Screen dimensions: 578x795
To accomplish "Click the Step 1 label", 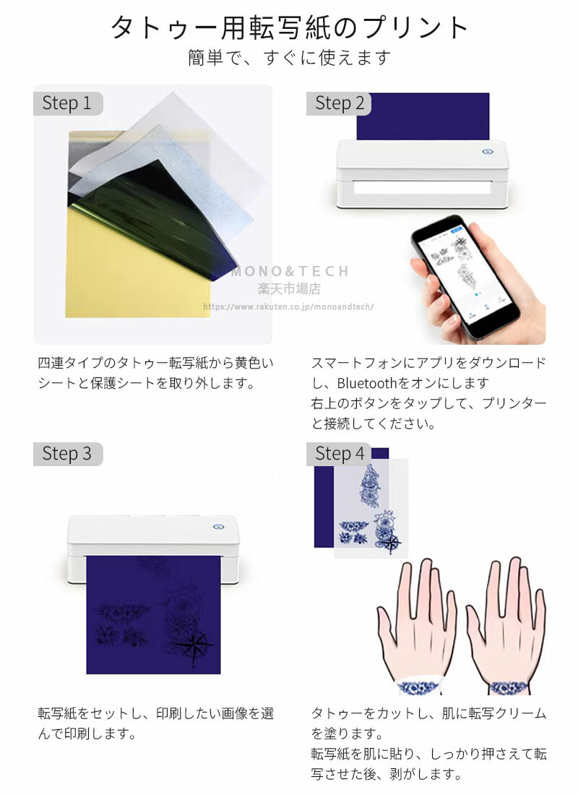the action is (x=67, y=103).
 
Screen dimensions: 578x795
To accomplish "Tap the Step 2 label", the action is (x=339, y=103).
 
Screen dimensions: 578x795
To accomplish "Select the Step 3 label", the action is (x=67, y=454).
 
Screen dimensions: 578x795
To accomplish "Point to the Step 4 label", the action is (x=339, y=454).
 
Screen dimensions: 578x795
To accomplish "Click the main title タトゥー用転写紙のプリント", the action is (x=289, y=27).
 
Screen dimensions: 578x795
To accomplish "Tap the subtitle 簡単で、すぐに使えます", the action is (x=289, y=57).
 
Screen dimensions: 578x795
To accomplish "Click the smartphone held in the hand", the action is (x=464, y=276).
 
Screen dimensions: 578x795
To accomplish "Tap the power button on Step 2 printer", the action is (x=488, y=151).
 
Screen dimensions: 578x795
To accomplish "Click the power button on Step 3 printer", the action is (x=219, y=528).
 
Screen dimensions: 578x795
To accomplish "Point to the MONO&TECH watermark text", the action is (x=290, y=271).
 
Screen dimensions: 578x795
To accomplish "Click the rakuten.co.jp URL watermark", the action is (x=288, y=306).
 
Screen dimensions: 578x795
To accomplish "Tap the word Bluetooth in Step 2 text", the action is (x=366, y=383).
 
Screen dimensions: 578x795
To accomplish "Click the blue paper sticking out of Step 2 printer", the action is (x=423, y=116).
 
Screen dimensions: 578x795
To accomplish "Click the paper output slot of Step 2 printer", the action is (x=423, y=188).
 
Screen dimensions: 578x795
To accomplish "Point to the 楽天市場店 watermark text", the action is (x=289, y=289).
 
